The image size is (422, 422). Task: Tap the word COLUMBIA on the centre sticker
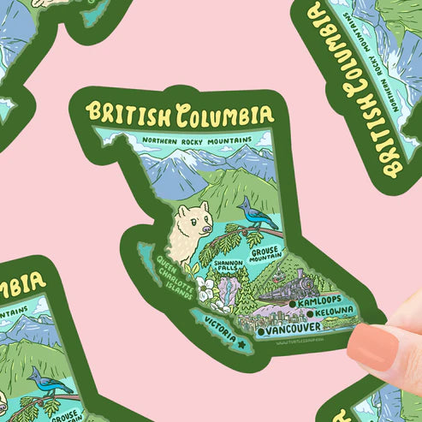(x=224, y=114)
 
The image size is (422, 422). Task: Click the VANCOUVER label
(x=293, y=328)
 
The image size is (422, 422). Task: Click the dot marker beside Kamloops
(x=293, y=302)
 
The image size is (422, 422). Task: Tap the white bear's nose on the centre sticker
(x=206, y=228)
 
